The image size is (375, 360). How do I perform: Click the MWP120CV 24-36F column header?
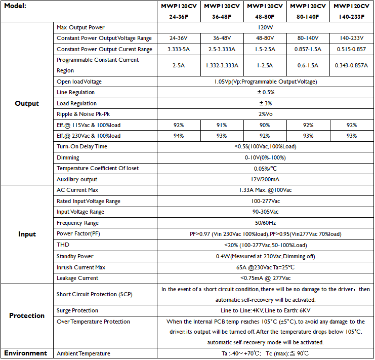point(179,11)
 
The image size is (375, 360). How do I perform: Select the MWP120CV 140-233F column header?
point(352,11)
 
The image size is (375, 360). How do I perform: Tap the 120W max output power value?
point(265,27)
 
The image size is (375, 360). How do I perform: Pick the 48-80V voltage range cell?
point(265,38)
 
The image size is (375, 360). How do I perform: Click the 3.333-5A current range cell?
point(179,50)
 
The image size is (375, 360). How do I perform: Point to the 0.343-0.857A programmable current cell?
point(352,65)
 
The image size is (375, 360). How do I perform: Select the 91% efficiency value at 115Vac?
point(222,125)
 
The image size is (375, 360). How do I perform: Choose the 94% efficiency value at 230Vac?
point(179,136)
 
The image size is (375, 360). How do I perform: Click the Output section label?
point(27,103)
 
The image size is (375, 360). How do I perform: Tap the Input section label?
point(27,234)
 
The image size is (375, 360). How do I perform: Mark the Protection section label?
point(27,315)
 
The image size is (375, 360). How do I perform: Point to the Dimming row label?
point(68,157)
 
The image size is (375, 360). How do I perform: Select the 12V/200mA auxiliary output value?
point(265,179)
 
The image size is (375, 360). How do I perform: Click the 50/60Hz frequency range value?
point(265,223)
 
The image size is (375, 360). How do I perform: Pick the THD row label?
point(63,245)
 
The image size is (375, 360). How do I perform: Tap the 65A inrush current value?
point(265,267)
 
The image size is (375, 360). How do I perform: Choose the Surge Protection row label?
point(77,310)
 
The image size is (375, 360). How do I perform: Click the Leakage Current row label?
point(77,278)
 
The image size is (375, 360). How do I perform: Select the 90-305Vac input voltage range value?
point(265,212)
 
